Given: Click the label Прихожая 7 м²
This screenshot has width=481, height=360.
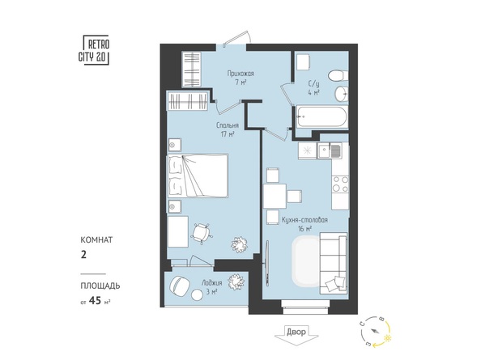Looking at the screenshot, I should point(240,78).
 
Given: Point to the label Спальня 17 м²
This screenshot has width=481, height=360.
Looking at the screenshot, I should point(225,130).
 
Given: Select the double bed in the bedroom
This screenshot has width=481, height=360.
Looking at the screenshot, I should point(198,175).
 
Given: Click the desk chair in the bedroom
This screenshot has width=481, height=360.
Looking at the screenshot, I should point(201,233).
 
